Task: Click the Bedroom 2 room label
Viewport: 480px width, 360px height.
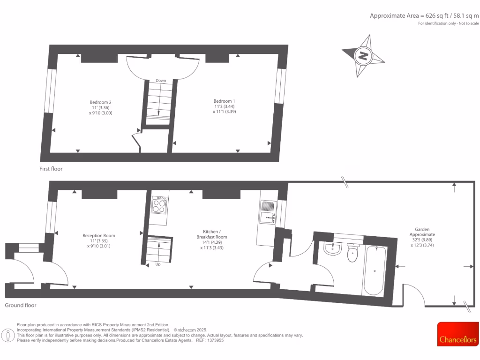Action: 101,107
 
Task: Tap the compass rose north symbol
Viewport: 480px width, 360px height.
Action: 363,56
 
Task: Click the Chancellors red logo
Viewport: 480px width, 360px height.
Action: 458,334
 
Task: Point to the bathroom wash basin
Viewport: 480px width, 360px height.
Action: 333,248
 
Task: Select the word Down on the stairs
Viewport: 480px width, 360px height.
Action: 161,81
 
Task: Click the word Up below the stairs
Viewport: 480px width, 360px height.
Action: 158,264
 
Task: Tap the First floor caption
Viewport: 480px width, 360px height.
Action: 51,169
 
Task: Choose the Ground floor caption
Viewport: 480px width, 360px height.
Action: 21,305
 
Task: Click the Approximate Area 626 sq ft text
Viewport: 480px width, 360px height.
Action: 424,15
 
